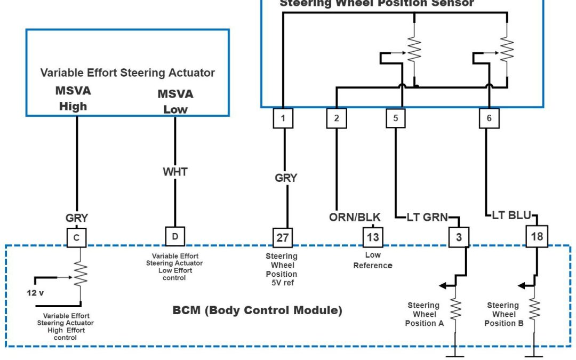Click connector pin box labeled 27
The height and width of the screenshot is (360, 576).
point(282,237)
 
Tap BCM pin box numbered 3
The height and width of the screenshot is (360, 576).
point(459,237)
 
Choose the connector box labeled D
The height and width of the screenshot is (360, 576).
point(175,236)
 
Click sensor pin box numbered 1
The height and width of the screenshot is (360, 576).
point(283,118)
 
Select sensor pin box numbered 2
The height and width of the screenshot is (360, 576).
point(337,118)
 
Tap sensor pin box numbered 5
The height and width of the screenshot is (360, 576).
point(396,118)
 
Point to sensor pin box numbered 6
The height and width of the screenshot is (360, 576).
point(489,118)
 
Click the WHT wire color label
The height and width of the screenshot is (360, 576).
point(175,172)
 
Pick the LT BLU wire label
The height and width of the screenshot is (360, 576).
point(511,216)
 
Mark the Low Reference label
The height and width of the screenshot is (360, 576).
point(372,260)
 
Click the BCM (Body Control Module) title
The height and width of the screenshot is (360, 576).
point(257,310)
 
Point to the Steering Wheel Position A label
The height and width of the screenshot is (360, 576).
point(423,314)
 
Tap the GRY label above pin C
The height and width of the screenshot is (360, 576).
point(77,218)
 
